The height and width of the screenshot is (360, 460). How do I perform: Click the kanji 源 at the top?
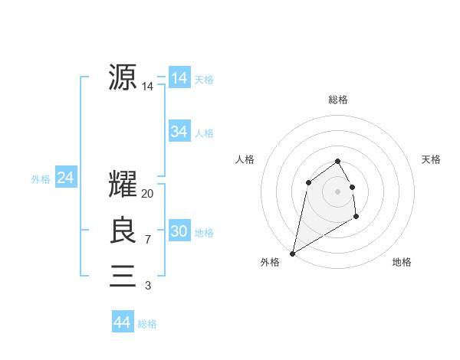pos(123,77)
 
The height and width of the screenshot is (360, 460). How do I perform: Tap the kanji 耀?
pos(123,185)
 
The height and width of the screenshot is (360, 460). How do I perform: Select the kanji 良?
pos(123,231)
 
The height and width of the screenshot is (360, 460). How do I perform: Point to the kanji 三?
pos(123,276)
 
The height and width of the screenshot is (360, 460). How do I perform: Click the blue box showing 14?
pos(179,78)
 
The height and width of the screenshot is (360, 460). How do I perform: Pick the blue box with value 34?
pos(179,132)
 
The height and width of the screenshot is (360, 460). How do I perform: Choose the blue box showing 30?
pos(179,231)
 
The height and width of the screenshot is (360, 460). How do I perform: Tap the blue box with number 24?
pos(66,178)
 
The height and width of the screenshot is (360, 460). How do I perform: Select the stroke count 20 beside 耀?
pos(148,195)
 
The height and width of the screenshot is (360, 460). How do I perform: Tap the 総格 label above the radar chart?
pos(338,100)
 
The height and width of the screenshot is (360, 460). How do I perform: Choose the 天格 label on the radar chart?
pos(431,159)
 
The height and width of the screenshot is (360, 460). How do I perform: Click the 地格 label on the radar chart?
pos(402,262)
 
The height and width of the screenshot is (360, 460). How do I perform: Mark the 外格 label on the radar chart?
pos(270,262)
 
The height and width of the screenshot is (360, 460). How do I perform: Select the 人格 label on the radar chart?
pos(245,159)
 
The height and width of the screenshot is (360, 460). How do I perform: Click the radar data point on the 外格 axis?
pos(292,253)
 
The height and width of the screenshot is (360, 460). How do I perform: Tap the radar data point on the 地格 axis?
pos(356,217)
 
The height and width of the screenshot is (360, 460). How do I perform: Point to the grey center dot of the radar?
pos(338,191)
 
